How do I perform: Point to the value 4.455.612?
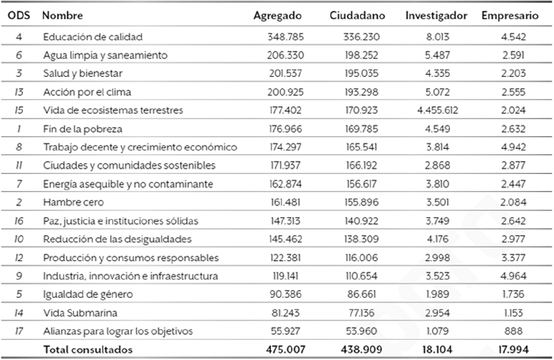(443, 109)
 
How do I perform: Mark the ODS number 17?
(17, 331)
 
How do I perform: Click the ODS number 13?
(17, 91)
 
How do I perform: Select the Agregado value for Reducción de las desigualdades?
(285, 239)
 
